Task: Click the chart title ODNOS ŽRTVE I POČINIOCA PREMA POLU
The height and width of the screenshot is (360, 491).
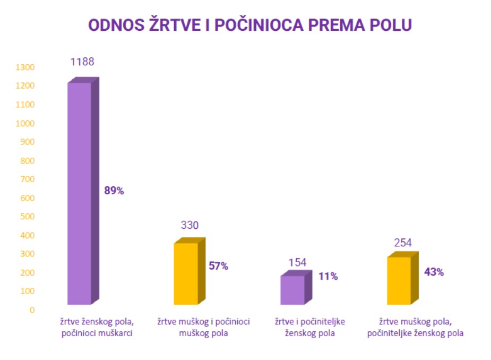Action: (x=249, y=25)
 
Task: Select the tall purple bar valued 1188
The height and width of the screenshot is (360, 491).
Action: (x=80, y=193)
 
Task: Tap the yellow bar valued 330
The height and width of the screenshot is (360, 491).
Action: (x=186, y=273)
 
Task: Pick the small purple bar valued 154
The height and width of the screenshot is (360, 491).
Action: (x=292, y=290)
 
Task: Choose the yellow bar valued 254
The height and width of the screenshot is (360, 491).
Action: (x=399, y=280)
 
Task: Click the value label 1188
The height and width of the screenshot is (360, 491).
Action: (x=82, y=62)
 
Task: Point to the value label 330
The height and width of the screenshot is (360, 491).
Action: (x=189, y=225)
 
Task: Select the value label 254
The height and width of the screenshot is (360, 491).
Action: (x=403, y=243)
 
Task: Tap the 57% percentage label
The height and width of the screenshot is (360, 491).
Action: (x=218, y=266)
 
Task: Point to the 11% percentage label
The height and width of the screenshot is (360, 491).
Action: (x=328, y=276)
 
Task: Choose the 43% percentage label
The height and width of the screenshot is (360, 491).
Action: (x=434, y=272)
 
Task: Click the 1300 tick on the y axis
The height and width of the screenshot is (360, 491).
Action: (x=25, y=67)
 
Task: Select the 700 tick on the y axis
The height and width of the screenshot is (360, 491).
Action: (x=27, y=179)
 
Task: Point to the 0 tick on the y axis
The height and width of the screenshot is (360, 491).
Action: (x=32, y=310)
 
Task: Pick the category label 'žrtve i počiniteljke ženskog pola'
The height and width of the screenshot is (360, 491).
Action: (x=309, y=328)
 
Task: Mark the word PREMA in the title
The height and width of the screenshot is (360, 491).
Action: (x=346, y=25)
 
